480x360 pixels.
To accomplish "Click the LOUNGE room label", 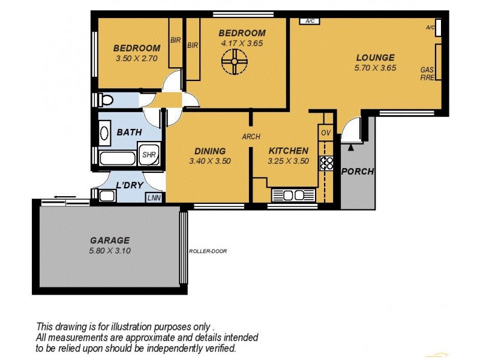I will [x=375, y=58].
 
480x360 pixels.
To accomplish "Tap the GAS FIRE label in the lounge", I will [x=427, y=74].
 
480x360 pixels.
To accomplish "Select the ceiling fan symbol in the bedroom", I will [x=234, y=61].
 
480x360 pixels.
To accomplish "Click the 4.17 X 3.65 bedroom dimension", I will [x=242, y=43].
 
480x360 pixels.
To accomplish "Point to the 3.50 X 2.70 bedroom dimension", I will [x=136, y=59].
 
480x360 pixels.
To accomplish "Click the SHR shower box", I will [x=148, y=154].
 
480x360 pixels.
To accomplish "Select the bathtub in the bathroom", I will [x=118, y=159].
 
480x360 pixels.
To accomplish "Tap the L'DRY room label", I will [x=130, y=185].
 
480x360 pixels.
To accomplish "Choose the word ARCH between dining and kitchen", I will [x=251, y=137].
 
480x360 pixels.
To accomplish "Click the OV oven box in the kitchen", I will [x=326, y=133].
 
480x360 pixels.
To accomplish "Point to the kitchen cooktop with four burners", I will [x=326, y=163].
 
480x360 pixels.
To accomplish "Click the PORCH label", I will [x=357, y=172].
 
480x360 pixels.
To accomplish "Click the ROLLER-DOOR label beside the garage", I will [x=208, y=251].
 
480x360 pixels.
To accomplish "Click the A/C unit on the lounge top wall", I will [x=310, y=22].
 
